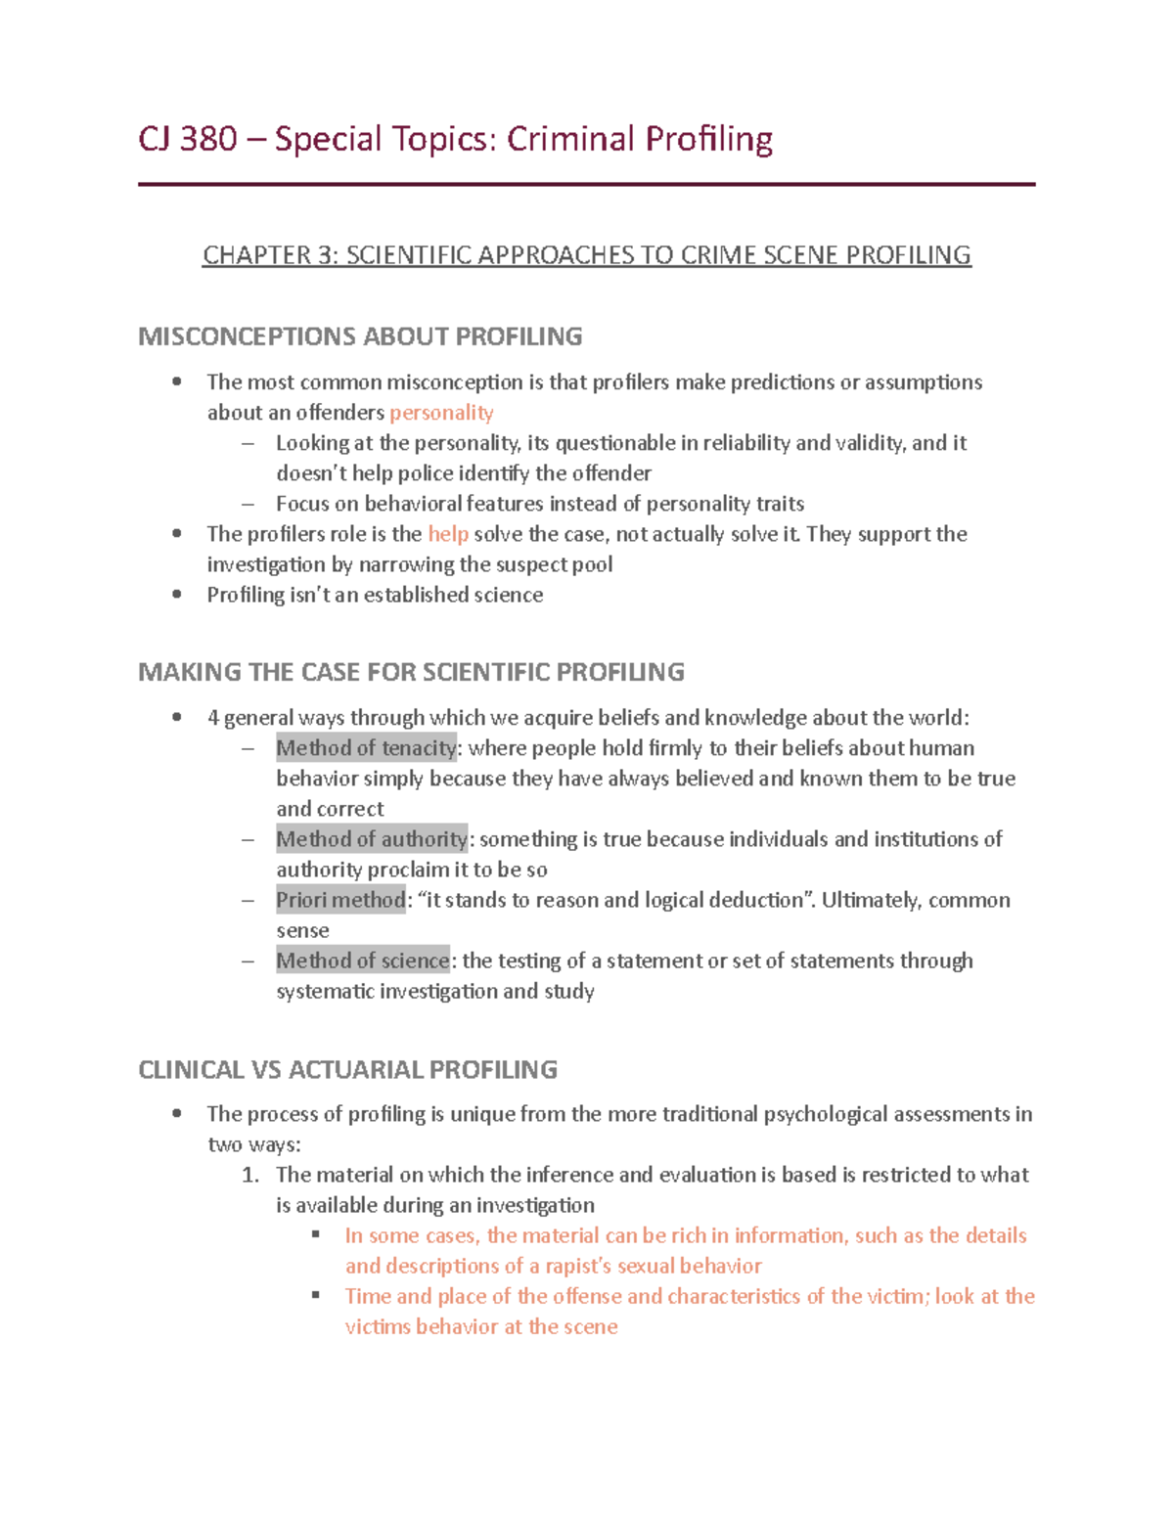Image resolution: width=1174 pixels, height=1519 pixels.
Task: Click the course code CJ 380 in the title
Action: pyautogui.click(x=188, y=139)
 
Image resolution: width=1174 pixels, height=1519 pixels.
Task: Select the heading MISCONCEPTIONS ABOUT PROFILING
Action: pyautogui.click(x=360, y=336)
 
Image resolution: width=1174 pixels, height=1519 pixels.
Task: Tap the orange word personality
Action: pyautogui.click(x=441, y=413)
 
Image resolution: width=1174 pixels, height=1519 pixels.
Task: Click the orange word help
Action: pyautogui.click(x=448, y=534)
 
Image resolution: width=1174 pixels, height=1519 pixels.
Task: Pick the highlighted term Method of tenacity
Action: pyautogui.click(x=366, y=748)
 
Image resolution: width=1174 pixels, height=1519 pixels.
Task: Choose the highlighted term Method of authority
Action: pyautogui.click(x=372, y=839)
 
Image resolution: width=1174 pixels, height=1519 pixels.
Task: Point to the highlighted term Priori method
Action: pyautogui.click(x=340, y=900)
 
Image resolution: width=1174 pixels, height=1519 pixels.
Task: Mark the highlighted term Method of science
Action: pyautogui.click(x=363, y=961)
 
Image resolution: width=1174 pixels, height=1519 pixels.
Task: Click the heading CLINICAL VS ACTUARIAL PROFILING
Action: pyautogui.click(x=347, y=1070)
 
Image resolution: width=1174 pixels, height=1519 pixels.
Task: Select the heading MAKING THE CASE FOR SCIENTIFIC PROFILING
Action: pyautogui.click(x=411, y=672)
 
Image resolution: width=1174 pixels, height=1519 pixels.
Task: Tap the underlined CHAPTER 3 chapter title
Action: pyautogui.click(x=586, y=255)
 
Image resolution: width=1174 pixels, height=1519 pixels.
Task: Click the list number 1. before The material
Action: pyautogui.click(x=249, y=1175)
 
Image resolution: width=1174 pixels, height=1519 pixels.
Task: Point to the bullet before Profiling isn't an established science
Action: pyautogui.click(x=177, y=594)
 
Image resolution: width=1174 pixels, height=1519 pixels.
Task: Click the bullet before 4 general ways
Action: pyautogui.click(x=177, y=717)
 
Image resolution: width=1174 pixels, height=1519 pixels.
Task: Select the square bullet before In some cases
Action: pyautogui.click(x=316, y=1234)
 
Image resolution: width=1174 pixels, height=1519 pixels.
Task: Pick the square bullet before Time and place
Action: pyautogui.click(x=316, y=1295)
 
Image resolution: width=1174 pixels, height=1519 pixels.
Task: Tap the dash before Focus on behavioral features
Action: pyautogui.click(x=248, y=504)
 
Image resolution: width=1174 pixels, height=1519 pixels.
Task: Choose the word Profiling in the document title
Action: pyautogui.click(x=707, y=139)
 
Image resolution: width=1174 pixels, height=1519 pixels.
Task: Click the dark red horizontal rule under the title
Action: pyautogui.click(x=586, y=184)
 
